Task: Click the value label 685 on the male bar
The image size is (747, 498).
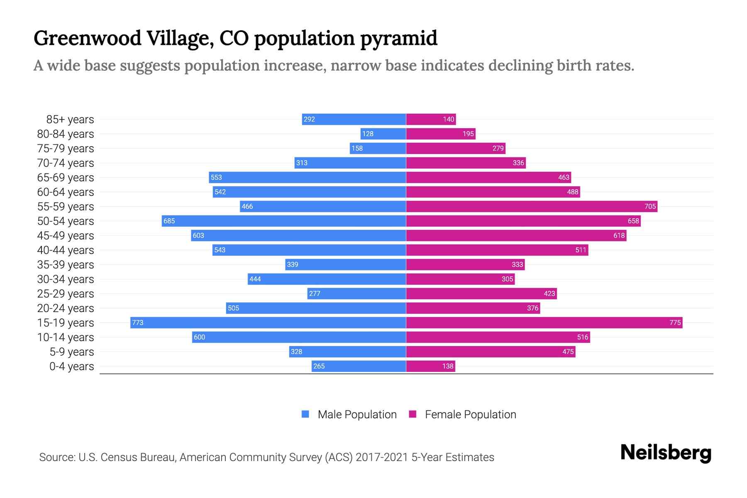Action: click(169, 221)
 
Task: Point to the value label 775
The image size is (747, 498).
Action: click(675, 322)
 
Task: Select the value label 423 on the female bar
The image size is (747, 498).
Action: click(549, 293)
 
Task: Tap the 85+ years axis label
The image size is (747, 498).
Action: click(70, 120)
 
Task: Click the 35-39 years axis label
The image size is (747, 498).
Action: click(66, 265)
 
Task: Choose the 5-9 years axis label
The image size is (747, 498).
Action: click(72, 352)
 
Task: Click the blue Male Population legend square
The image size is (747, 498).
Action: click(305, 414)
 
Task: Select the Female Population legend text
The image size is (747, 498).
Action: click(470, 415)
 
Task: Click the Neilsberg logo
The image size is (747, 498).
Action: click(666, 453)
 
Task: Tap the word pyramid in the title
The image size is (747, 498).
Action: click(398, 39)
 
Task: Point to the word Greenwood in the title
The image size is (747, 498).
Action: click(88, 39)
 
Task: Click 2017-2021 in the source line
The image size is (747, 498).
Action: click(382, 457)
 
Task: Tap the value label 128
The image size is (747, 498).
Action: click(368, 134)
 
